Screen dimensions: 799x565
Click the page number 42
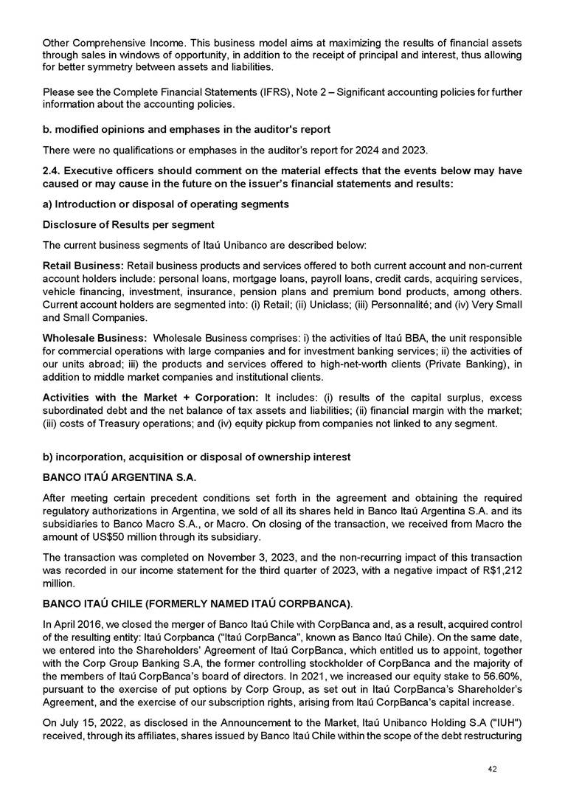point(493,769)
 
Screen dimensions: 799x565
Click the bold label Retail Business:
point(83,263)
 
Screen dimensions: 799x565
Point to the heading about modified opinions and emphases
point(187,130)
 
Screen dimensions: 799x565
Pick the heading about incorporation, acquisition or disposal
point(197,457)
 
